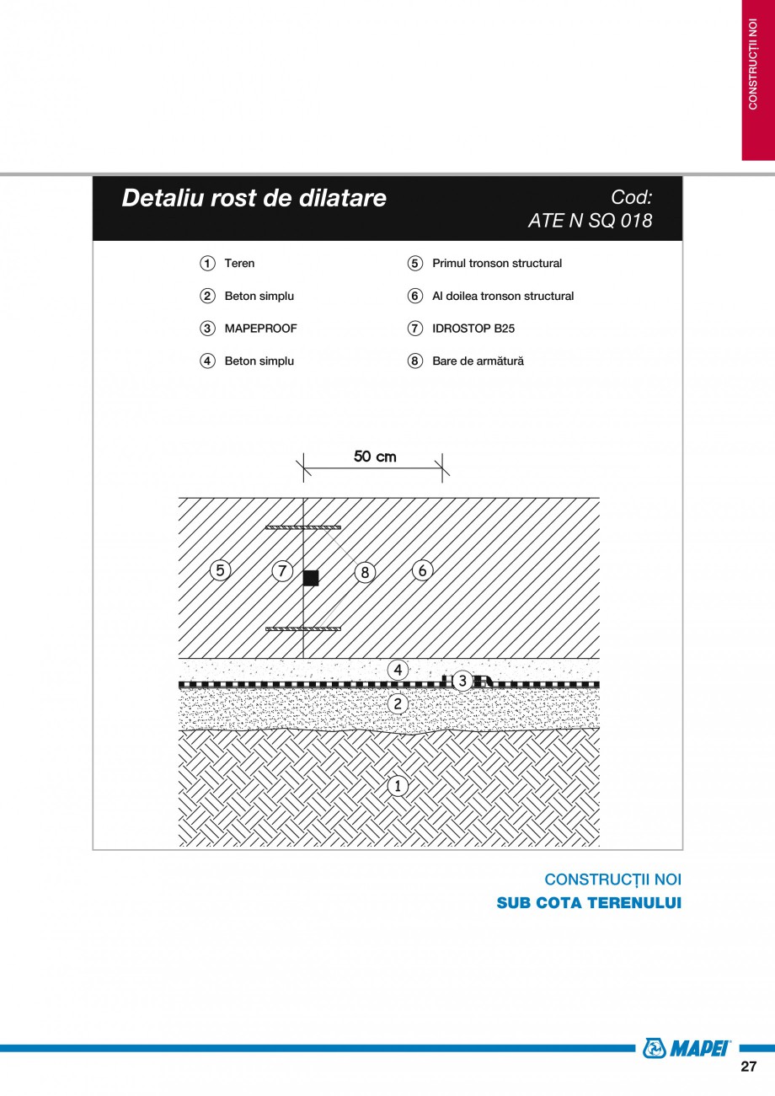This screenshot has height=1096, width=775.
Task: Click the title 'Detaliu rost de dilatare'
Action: pyautogui.click(x=254, y=198)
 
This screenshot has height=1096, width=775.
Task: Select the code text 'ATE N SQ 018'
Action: pyautogui.click(x=590, y=221)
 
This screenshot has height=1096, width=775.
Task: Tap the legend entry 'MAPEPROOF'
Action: pyautogui.click(x=260, y=329)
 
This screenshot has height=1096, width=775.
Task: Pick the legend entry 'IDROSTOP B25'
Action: pyautogui.click(x=473, y=329)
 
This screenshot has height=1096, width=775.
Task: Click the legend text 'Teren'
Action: pyautogui.click(x=239, y=264)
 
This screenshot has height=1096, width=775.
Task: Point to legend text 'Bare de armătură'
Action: pyautogui.click(x=478, y=361)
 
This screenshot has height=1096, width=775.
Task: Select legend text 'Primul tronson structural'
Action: pyautogui.click(x=496, y=264)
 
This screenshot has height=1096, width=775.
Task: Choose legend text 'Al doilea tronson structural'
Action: pyautogui.click(x=502, y=297)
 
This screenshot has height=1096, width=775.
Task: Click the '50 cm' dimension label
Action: pyautogui.click(x=375, y=457)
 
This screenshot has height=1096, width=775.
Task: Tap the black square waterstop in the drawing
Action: pyautogui.click(x=311, y=577)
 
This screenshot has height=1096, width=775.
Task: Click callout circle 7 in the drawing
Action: pyautogui.click(x=282, y=571)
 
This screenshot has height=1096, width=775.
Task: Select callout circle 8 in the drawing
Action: pyautogui.click(x=364, y=572)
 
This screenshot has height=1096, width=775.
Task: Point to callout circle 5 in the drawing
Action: pyautogui.click(x=220, y=570)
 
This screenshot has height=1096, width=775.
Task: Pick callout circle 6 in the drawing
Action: pyautogui.click(x=422, y=570)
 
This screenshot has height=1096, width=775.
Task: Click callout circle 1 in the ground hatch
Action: pyautogui.click(x=397, y=786)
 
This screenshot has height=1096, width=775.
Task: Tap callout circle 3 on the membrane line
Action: pyautogui.click(x=462, y=681)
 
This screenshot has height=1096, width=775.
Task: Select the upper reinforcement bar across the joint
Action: pyautogui.click(x=303, y=527)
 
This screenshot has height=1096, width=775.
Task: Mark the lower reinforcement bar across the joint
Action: pyautogui.click(x=303, y=628)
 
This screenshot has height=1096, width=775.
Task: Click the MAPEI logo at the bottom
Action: pyautogui.click(x=686, y=1047)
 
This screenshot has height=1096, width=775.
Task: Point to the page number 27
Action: pyautogui.click(x=748, y=1067)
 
